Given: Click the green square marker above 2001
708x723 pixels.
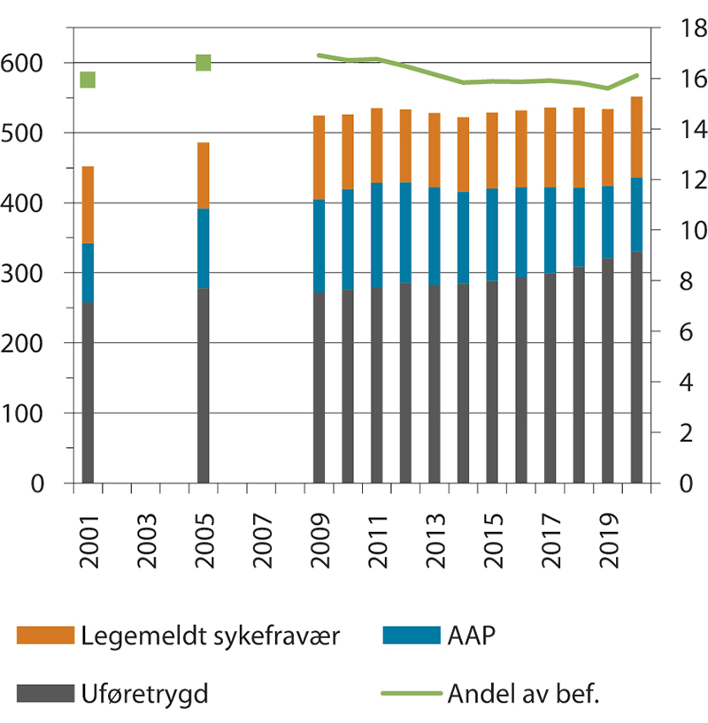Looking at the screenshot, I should (88, 80).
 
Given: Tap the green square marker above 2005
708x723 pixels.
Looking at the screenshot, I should (204, 63).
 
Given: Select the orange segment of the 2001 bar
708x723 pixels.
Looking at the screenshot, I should (88, 204).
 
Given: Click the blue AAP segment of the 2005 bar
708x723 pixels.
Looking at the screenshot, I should (204, 248).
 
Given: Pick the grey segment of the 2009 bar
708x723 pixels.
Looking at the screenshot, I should (319, 388).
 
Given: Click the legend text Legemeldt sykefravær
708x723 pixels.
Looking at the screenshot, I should (202, 635).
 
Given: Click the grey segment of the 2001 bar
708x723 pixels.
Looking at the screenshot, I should (88, 393).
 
